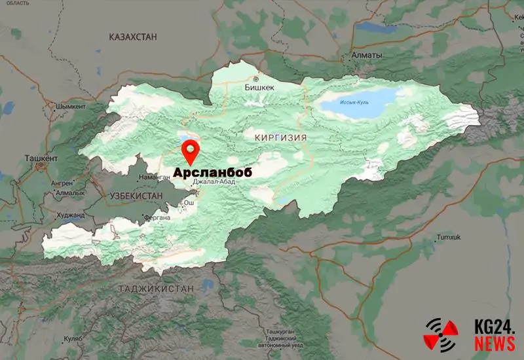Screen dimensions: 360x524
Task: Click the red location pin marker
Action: coord(191,151)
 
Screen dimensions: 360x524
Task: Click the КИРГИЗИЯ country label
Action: coord(275,137)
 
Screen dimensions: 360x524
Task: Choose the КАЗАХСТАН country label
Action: coord(134,37)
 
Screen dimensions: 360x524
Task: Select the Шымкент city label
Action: coord(71,106)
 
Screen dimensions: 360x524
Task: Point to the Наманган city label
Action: coord(155,177)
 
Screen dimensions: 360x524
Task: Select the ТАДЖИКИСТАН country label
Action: coord(157,288)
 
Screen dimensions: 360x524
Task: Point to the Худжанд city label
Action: coord(70,215)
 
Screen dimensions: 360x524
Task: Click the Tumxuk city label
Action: coord(449,236)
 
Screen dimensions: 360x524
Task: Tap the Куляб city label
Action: coord(73,338)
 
